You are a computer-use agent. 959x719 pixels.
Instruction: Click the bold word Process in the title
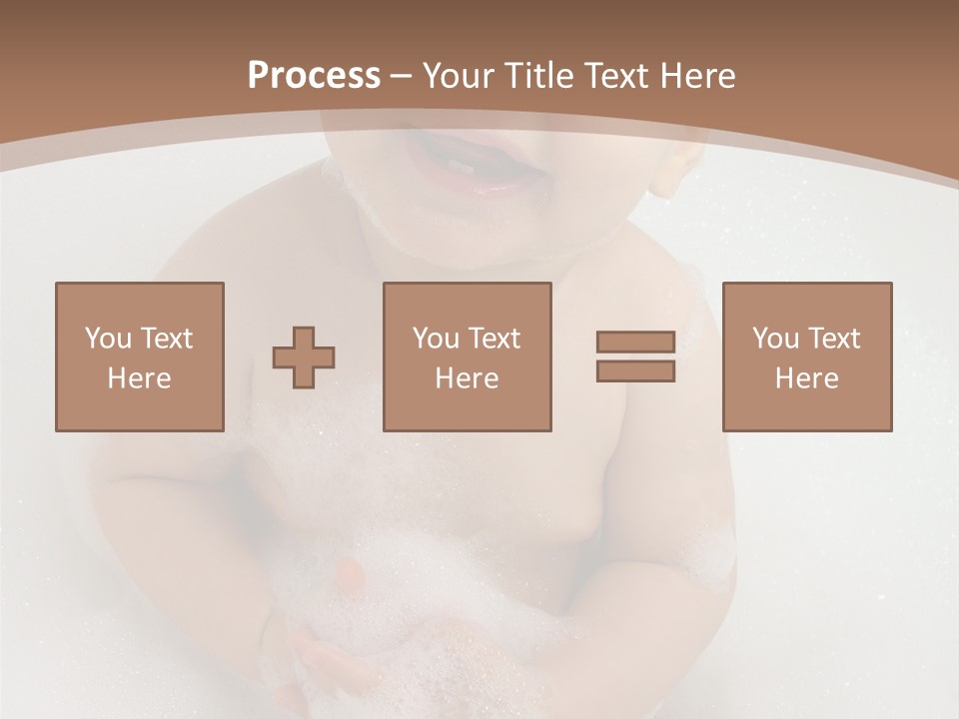[x=314, y=76]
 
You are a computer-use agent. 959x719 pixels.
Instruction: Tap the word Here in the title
[x=697, y=76]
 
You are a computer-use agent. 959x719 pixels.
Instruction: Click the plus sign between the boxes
[x=304, y=358]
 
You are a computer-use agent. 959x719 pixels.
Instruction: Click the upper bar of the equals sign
[x=635, y=342]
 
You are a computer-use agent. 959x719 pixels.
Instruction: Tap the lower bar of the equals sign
[x=635, y=370]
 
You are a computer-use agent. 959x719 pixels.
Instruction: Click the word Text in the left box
[x=166, y=339]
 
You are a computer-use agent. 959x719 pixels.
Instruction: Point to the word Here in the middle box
[x=468, y=378]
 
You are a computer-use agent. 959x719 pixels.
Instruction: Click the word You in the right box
[x=775, y=339]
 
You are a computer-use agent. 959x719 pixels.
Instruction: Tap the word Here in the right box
[x=807, y=378]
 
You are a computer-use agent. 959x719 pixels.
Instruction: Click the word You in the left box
[x=108, y=339]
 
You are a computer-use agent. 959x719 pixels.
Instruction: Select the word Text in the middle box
[x=493, y=339]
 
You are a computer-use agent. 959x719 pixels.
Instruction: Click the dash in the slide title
[x=402, y=77]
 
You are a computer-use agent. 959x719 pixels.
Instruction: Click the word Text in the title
[x=614, y=76]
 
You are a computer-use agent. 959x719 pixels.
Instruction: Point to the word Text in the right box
[x=833, y=339]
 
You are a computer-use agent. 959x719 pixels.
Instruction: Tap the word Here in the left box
[x=140, y=378]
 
